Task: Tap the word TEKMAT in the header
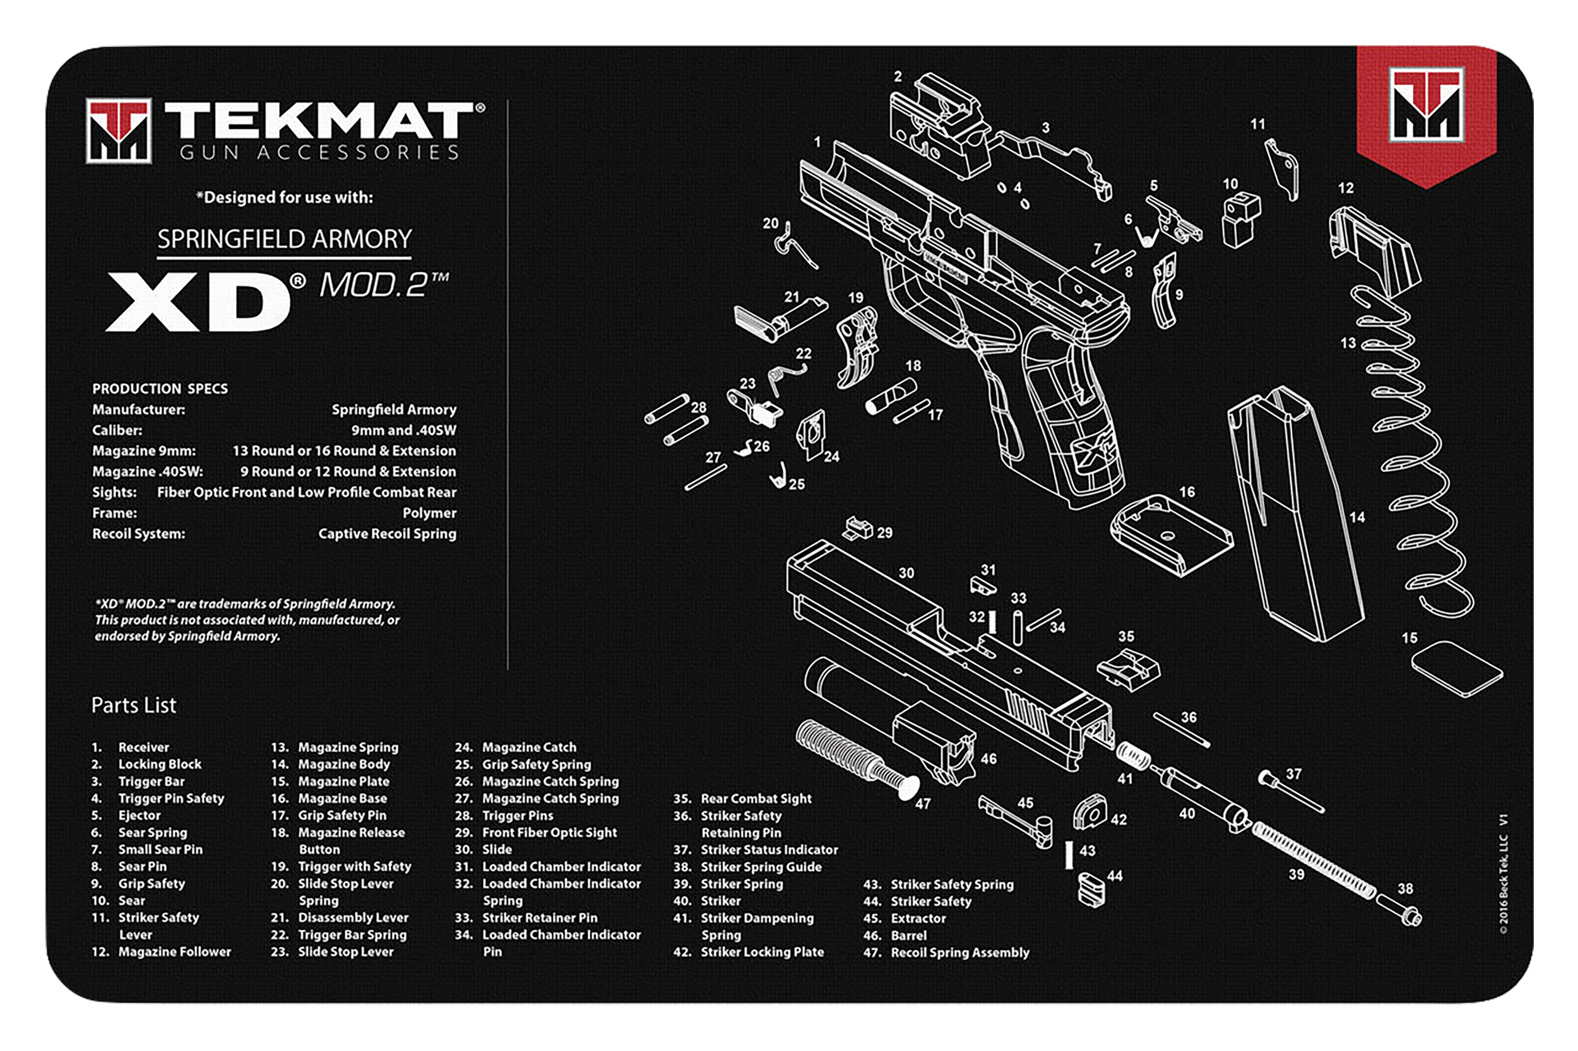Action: click(x=318, y=120)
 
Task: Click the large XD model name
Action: click(x=198, y=301)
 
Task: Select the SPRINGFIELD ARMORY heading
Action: click(x=284, y=239)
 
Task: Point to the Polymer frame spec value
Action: click(x=429, y=514)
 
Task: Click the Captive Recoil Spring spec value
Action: click(x=387, y=534)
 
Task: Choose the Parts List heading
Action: click(x=133, y=705)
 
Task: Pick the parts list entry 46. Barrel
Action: click(x=908, y=936)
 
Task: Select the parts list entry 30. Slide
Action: click(x=496, y=850)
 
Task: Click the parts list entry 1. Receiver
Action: click(x=143, y=748)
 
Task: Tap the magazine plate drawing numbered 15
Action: click(x=1457, y=669)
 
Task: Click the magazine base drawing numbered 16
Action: click(x=1170, y=536)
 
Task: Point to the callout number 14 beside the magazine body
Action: click(x=1356, y=517)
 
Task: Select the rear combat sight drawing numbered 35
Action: click(x=1129, y=669)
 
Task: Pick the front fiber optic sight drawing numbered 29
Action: click(x=858, y=527)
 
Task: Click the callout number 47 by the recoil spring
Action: click(x=923, y=803)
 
